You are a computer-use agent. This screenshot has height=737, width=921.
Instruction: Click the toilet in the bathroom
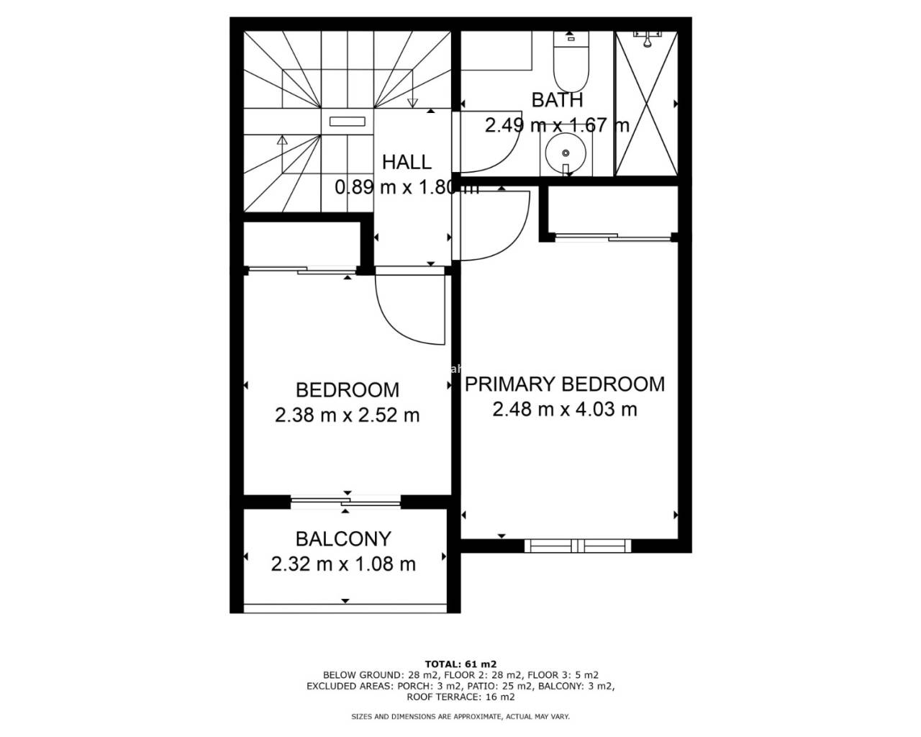[571, 61]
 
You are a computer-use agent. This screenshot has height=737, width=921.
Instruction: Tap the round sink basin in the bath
[566, 153]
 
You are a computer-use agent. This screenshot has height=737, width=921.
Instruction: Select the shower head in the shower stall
[647, 39]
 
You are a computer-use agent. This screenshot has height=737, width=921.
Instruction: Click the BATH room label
[557, 100]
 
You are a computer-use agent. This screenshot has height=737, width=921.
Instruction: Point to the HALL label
[407, 163]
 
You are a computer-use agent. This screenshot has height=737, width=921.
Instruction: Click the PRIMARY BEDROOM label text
[565, 384]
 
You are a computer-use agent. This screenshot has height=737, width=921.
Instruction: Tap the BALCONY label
[343, 539]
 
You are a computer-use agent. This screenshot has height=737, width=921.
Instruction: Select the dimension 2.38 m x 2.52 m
[347, 415]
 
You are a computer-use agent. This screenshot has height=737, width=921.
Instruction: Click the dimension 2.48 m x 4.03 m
[565, 409]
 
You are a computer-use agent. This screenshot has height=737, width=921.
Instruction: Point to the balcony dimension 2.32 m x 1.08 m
[343, 564]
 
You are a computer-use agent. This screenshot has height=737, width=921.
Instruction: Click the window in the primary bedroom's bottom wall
[578, 546]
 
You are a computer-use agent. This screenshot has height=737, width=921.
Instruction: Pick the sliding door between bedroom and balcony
[346, 502]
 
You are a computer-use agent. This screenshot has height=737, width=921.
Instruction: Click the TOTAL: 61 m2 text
[460, 664]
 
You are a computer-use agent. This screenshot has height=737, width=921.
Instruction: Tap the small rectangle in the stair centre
[347, 122]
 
